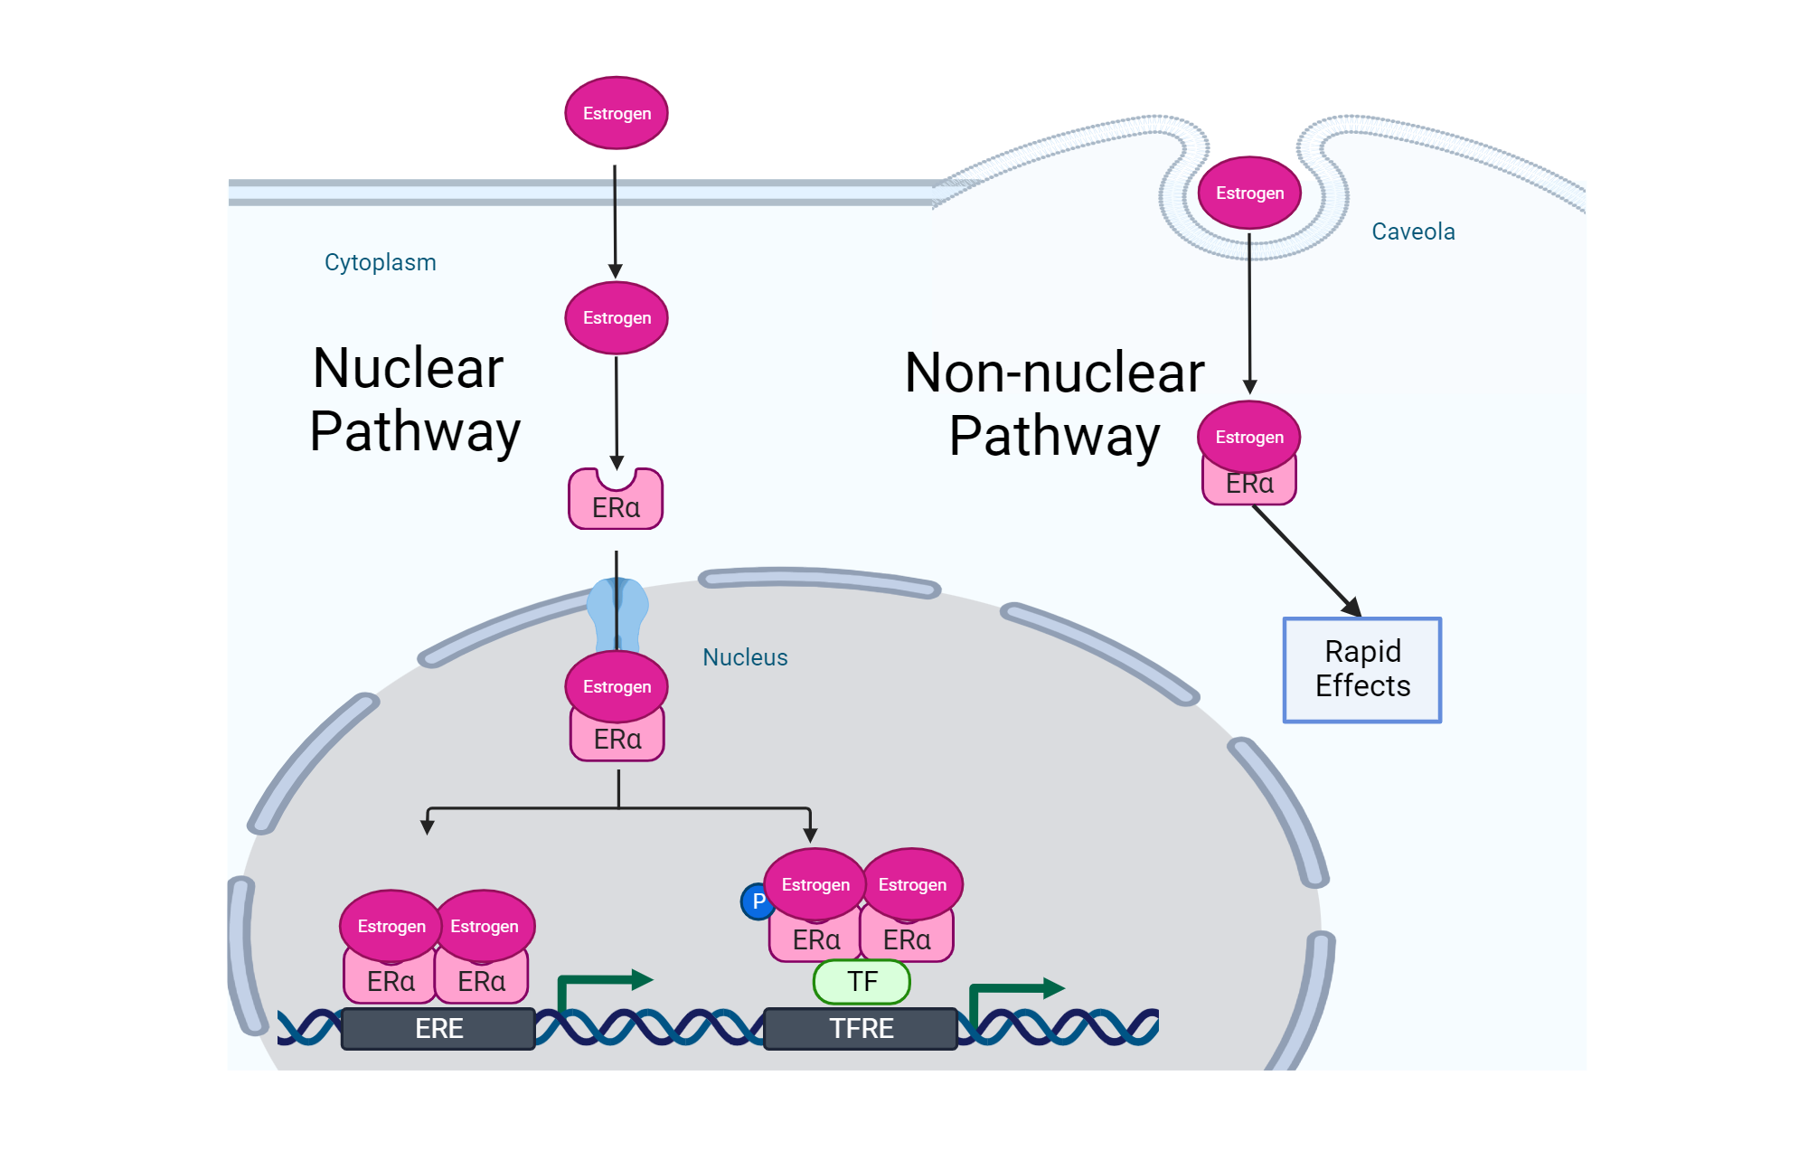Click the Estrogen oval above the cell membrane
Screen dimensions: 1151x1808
pos(617,113)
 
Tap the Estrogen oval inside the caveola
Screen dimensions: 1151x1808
pos(1249,193)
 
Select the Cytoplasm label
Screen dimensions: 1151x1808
pos(380,262)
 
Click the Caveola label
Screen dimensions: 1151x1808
pos(1413,231)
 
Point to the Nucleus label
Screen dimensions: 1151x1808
pos(745,657)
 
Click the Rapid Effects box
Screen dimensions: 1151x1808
pos(1361,669)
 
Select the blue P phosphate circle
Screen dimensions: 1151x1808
pos(756,901)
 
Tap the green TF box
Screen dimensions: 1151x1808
pos(862,982)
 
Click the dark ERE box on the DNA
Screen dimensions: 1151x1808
pos(438,1029)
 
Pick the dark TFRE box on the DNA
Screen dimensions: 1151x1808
pos(861,1029)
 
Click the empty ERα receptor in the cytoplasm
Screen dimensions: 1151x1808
pos(616,504)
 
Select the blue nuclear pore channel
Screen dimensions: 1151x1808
pos(617,615)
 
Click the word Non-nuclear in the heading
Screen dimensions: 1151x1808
pos(1054,373)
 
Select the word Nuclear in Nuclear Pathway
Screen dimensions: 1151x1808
pos(408,368)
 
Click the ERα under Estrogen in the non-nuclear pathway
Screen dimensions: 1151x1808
pos(1249,486)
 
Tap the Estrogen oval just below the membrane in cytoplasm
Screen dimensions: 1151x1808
pos(617,317)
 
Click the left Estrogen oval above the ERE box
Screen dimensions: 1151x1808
pos(391,926)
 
